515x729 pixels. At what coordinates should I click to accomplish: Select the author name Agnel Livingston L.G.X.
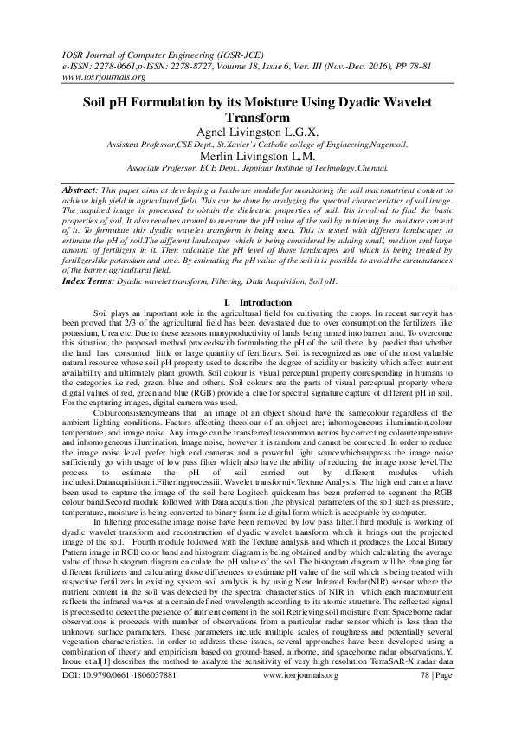(x=256, y=132)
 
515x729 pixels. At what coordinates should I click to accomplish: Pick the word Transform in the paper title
(x=257, y=117)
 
